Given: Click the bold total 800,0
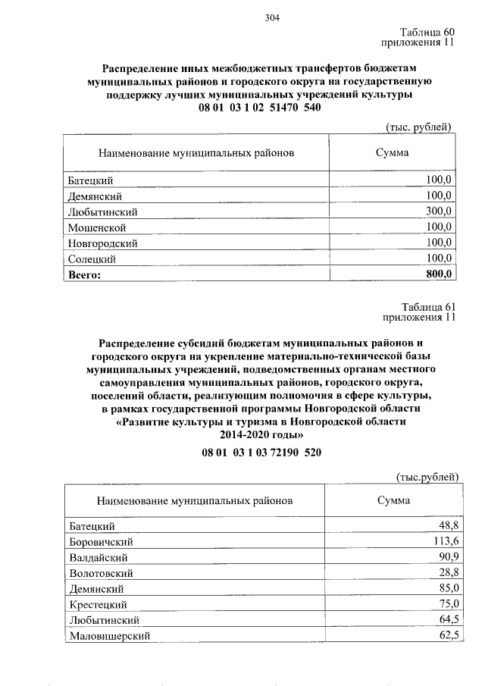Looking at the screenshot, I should pos(439,274).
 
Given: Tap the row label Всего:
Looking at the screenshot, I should pos(85,275).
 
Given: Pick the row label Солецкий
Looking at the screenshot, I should pos(92,259).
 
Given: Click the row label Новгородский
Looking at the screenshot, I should pos(102,243).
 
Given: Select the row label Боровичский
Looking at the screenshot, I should pos(101,541).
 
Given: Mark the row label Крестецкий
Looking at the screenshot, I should pos(98,604).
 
